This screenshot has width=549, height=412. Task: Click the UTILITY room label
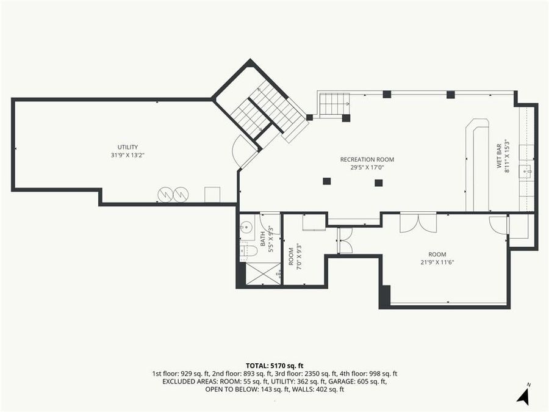(127, 147)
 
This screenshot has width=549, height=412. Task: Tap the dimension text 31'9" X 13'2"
(127, 155)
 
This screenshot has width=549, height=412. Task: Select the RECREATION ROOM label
(362, 159)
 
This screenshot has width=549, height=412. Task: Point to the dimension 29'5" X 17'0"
(362, 167)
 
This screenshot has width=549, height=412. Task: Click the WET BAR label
(498, 157)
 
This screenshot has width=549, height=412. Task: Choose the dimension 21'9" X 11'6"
(437, 262)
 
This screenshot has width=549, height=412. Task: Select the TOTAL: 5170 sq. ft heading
(274, 364)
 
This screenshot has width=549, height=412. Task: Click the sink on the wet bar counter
(526, 172)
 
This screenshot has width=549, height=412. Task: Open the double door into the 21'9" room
(418, 222)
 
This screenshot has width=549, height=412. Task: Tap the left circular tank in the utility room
(165, 195)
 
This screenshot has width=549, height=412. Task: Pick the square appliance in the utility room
(212, 195)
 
